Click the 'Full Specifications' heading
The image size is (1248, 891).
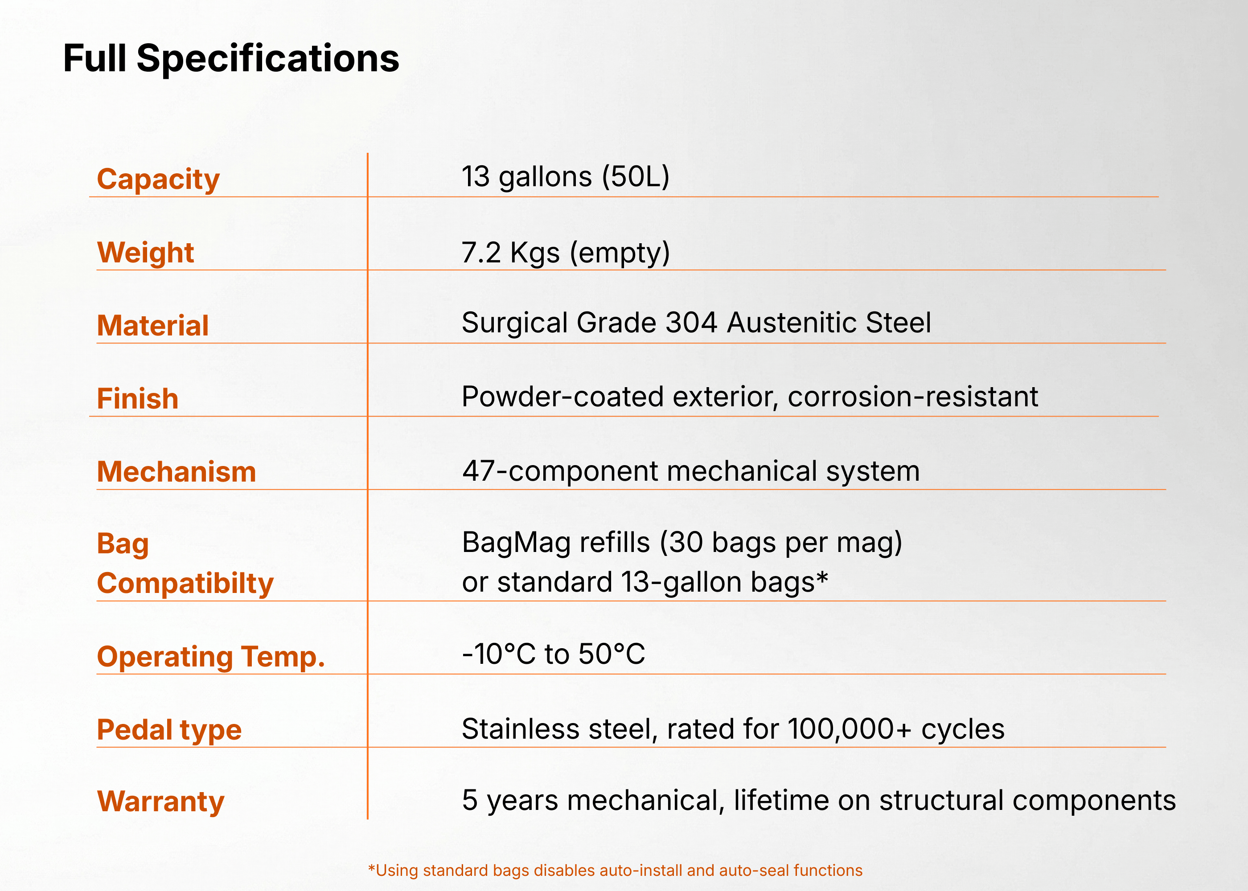pos(231,59)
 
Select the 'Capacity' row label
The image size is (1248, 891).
pos(158,180)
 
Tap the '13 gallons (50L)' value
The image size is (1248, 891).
pos(565,177)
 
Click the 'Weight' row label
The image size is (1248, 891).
pos(145,253)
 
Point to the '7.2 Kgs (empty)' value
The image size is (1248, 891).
pos(566,253)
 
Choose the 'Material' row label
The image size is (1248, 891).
pos(153,325)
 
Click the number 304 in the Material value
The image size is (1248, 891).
pos(691,322)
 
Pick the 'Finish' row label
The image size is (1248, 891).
pos(138,398)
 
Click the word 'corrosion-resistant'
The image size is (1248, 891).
pos(913,396)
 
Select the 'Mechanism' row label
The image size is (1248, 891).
pos(177,472)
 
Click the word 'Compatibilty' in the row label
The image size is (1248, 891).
pos(185,583)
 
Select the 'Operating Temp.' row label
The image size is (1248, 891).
pos(211,657)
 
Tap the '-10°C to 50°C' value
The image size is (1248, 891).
pos(553,654)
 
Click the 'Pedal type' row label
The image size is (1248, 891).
pos(169,730)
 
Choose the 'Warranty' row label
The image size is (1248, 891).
pos(161,802)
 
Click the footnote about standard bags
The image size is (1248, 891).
pos(615,870)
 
